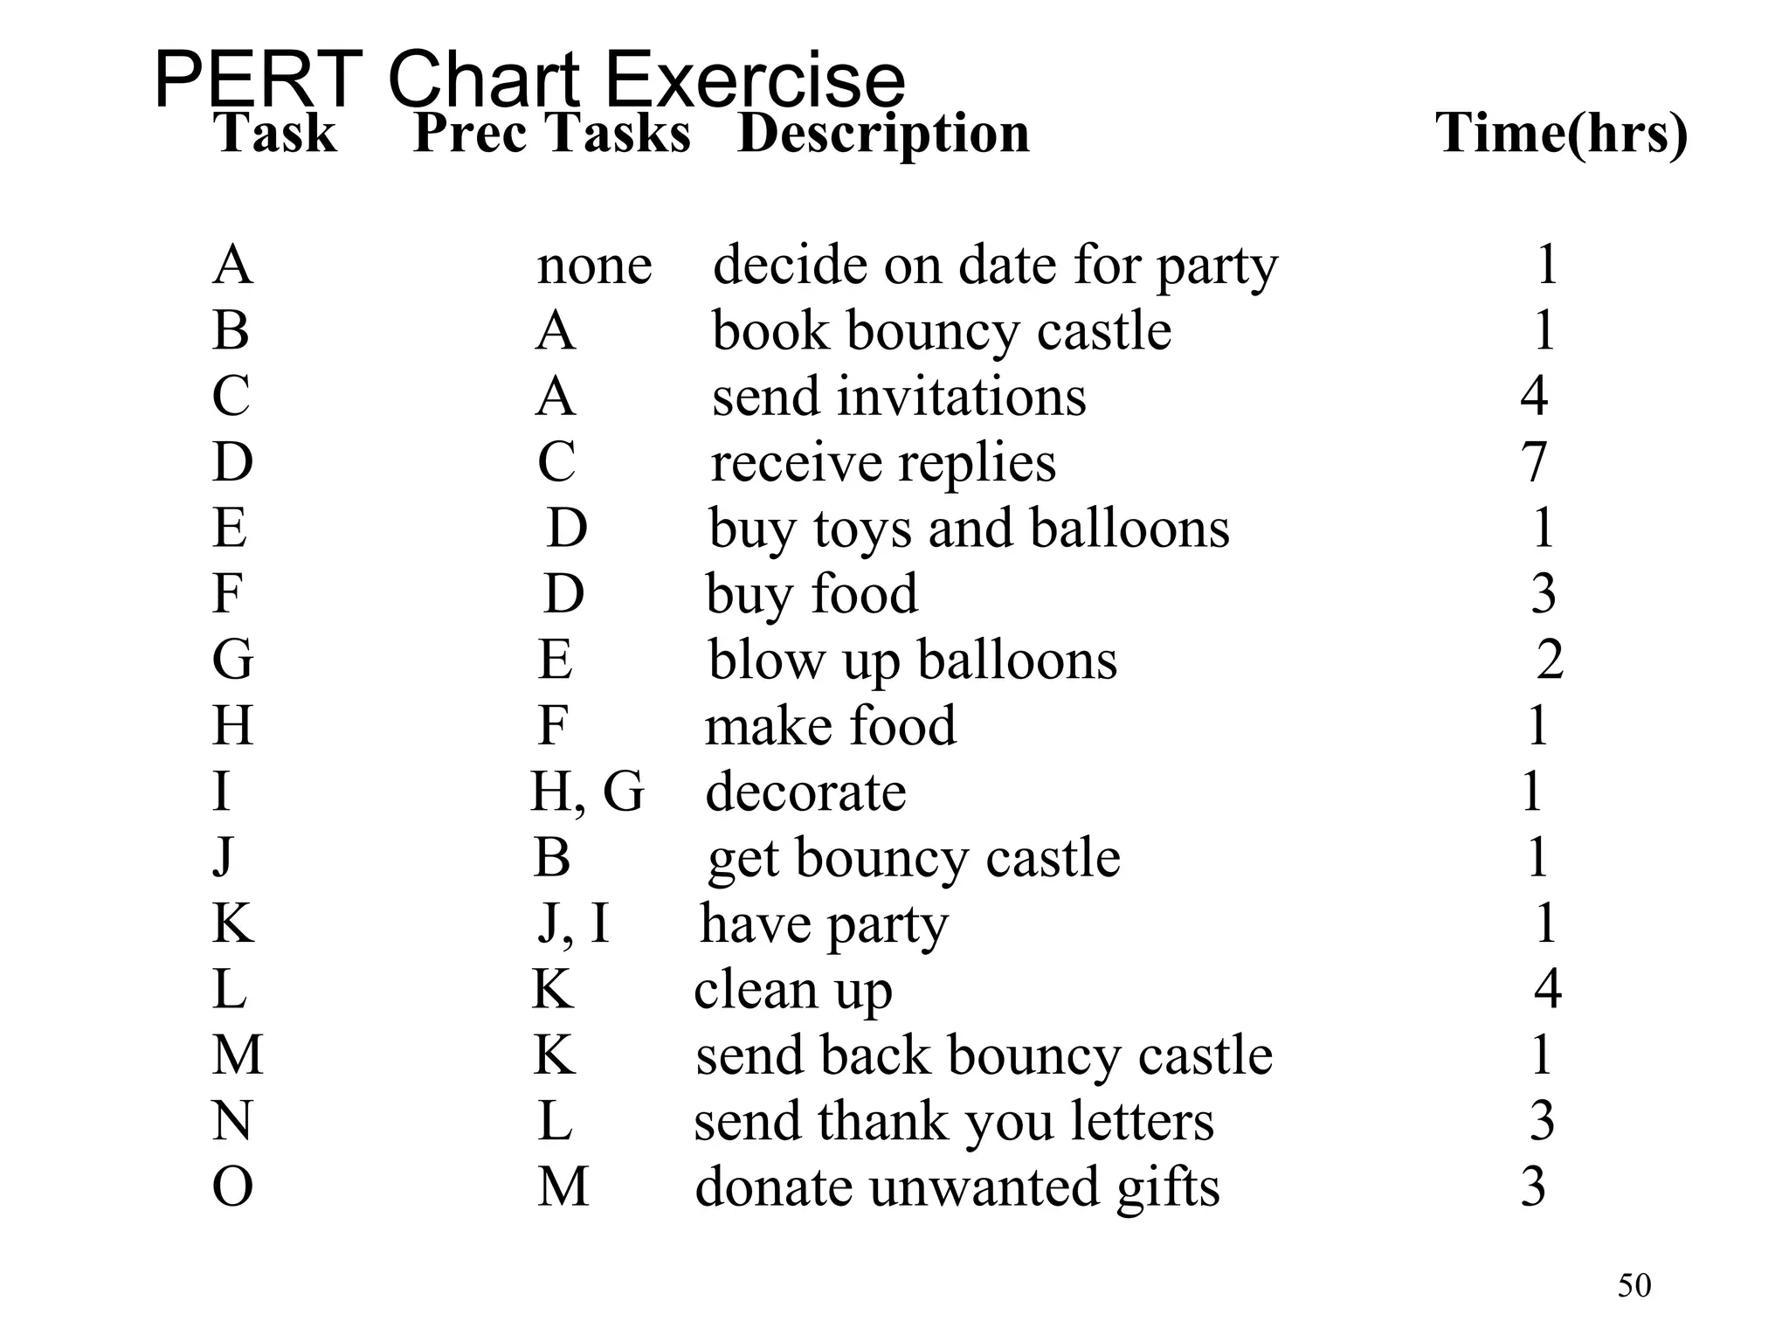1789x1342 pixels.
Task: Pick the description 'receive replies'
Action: point(883,462)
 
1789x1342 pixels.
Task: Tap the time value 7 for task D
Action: point(1534,462)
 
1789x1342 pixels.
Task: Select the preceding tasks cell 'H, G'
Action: point(587,792)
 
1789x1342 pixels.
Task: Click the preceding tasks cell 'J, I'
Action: point(573,923)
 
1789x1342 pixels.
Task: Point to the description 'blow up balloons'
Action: point(912,660)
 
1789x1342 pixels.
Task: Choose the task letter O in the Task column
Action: point(232,1187)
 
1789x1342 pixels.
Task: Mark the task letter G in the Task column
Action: point(232,660)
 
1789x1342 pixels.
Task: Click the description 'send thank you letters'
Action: point(953,1121)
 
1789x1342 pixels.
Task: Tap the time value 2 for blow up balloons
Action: point(1550,660)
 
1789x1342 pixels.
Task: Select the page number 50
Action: point(1634,1286)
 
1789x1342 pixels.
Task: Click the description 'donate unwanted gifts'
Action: point(957,1187)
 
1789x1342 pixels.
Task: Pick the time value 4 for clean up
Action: point(1548,989)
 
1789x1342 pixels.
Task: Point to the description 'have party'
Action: point(824,923)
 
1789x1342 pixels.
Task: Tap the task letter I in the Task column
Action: point(222,792)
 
